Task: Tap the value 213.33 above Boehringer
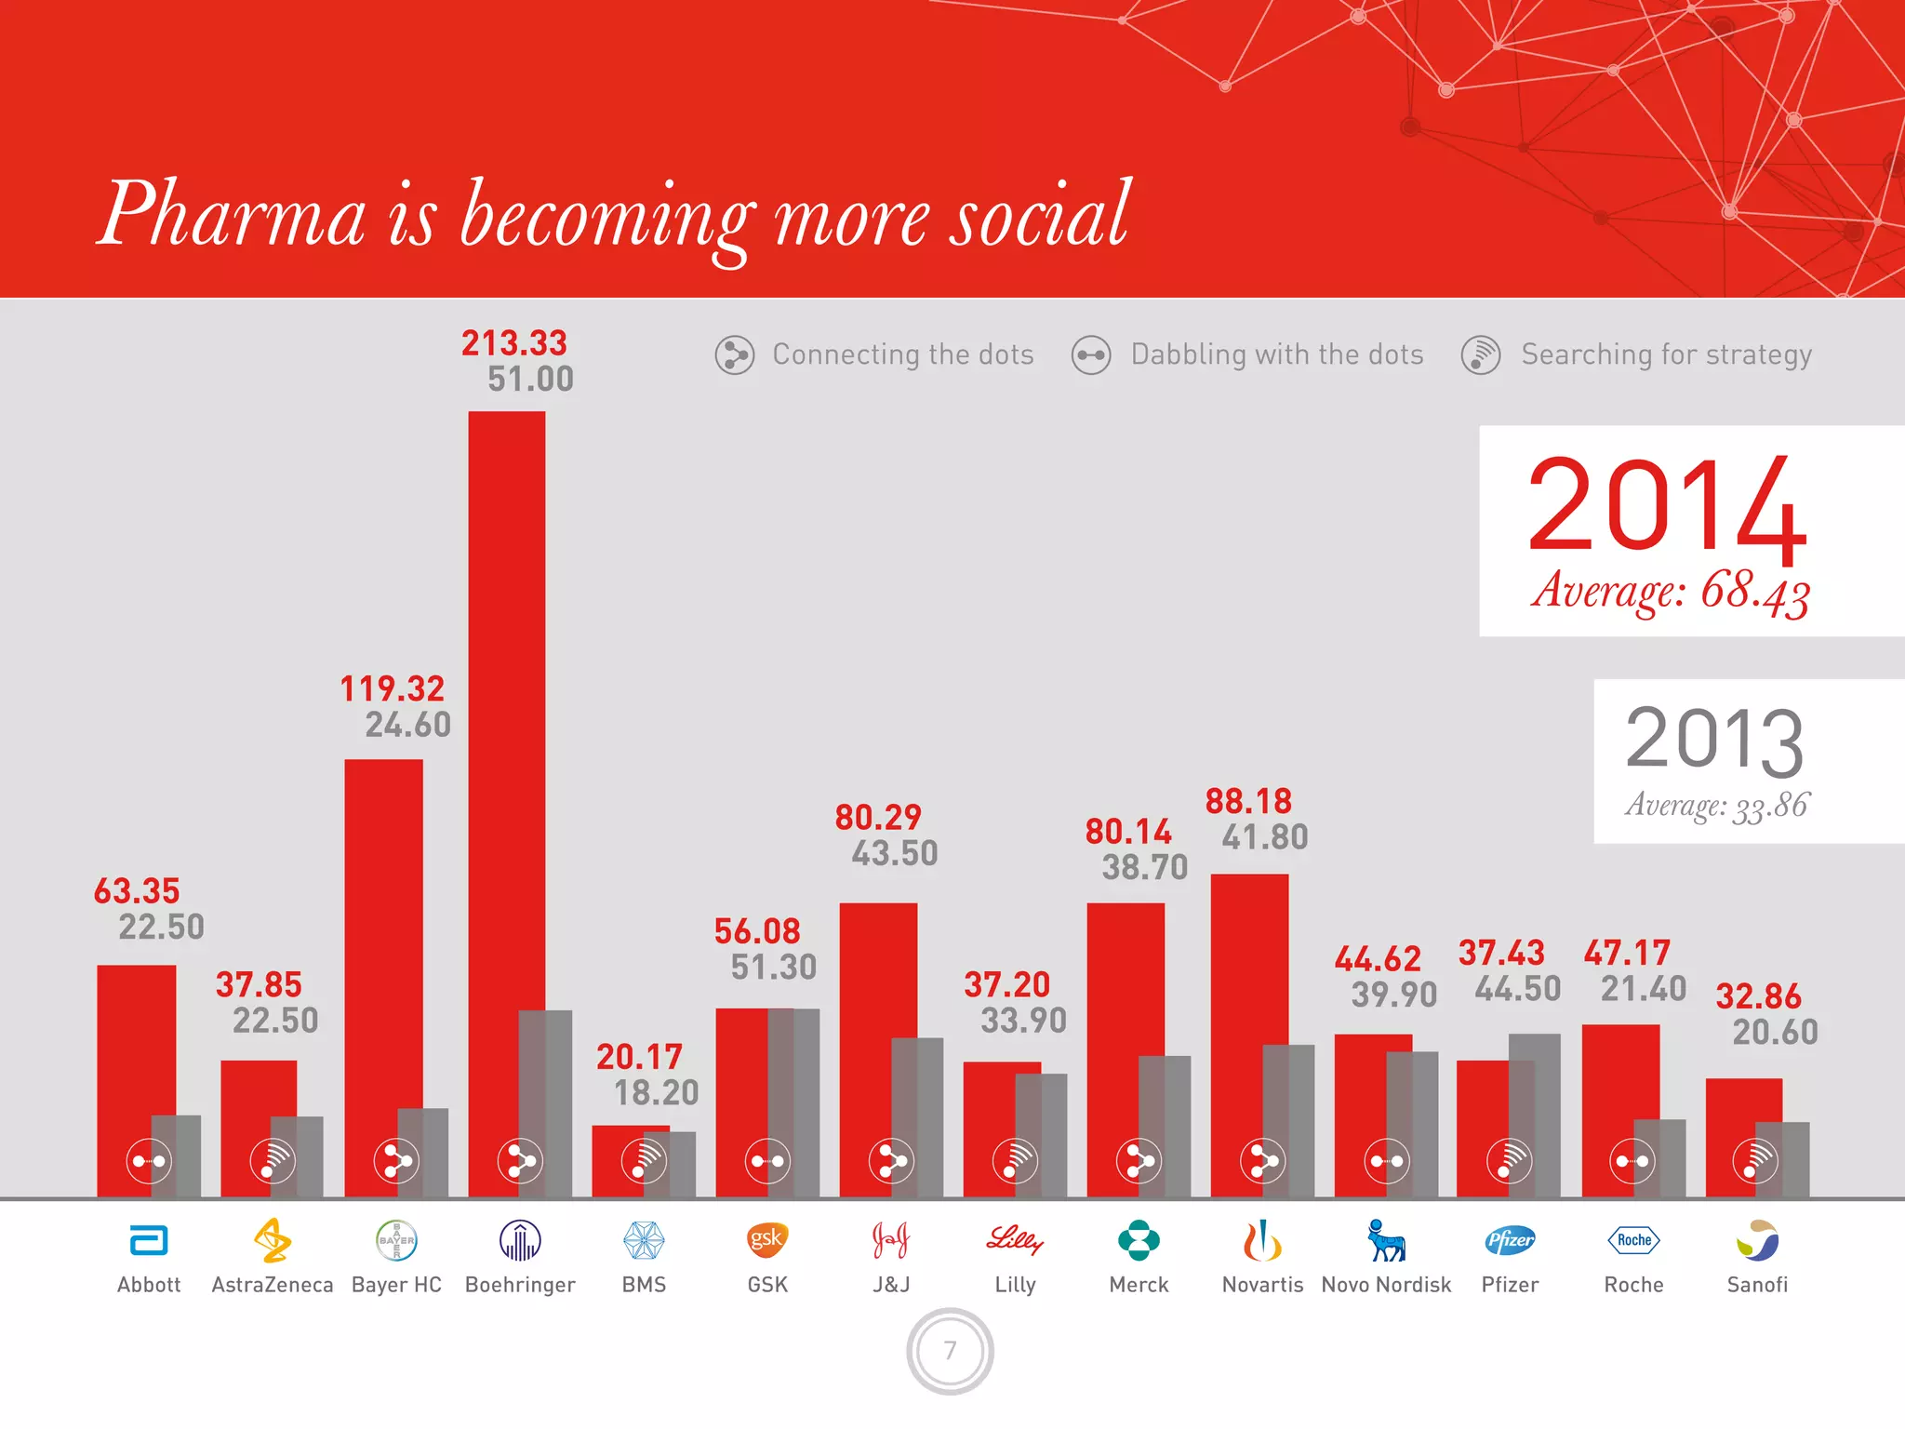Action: [x=513, y=343]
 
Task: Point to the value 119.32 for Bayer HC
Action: [x=392, y=689]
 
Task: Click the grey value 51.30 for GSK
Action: [x=773, y=968]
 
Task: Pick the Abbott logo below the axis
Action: [x=149, y=1241]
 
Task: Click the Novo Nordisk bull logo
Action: [x=1386, y=1241]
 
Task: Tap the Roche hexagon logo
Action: [x=1633, y=1240]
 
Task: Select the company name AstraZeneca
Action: [x=272, y=1285]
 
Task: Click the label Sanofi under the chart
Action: [x=1757, y=1285]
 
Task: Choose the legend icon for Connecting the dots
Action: [x=734, y=355]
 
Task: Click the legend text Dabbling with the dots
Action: [x=1276, y=354]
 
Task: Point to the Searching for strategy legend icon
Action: [x=1480, y=355]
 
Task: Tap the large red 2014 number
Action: [x=1666, y=506]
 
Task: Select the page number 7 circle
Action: [x=950, y=1351]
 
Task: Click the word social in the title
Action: [x=1038, y=216]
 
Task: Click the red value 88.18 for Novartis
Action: [x=1248, y=802]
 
